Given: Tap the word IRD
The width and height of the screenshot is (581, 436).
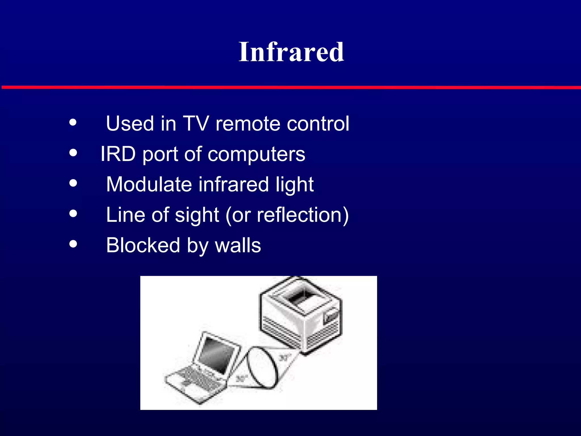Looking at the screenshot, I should pyautogui.click(x=118, y=154).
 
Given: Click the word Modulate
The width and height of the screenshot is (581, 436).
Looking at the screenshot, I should pyautogui.click(x=149, y=185).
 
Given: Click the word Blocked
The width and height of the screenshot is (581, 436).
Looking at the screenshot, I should pyautogui.click(x=143, y=245).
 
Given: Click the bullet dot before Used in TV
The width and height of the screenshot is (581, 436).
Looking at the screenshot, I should pyautogui.click(x=73, y=122).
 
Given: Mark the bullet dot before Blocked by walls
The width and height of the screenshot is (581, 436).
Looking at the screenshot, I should pyautogui.click(x=73, y=244).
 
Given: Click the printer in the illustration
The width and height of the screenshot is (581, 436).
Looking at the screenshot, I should pyautogui.click(x=301, y=315).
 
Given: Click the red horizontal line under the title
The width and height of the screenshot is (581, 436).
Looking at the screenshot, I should pyautogui.click(x=290, y=87).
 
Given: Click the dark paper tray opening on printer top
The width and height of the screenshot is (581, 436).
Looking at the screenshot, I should pyautogui.click(x=301, y=298).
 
